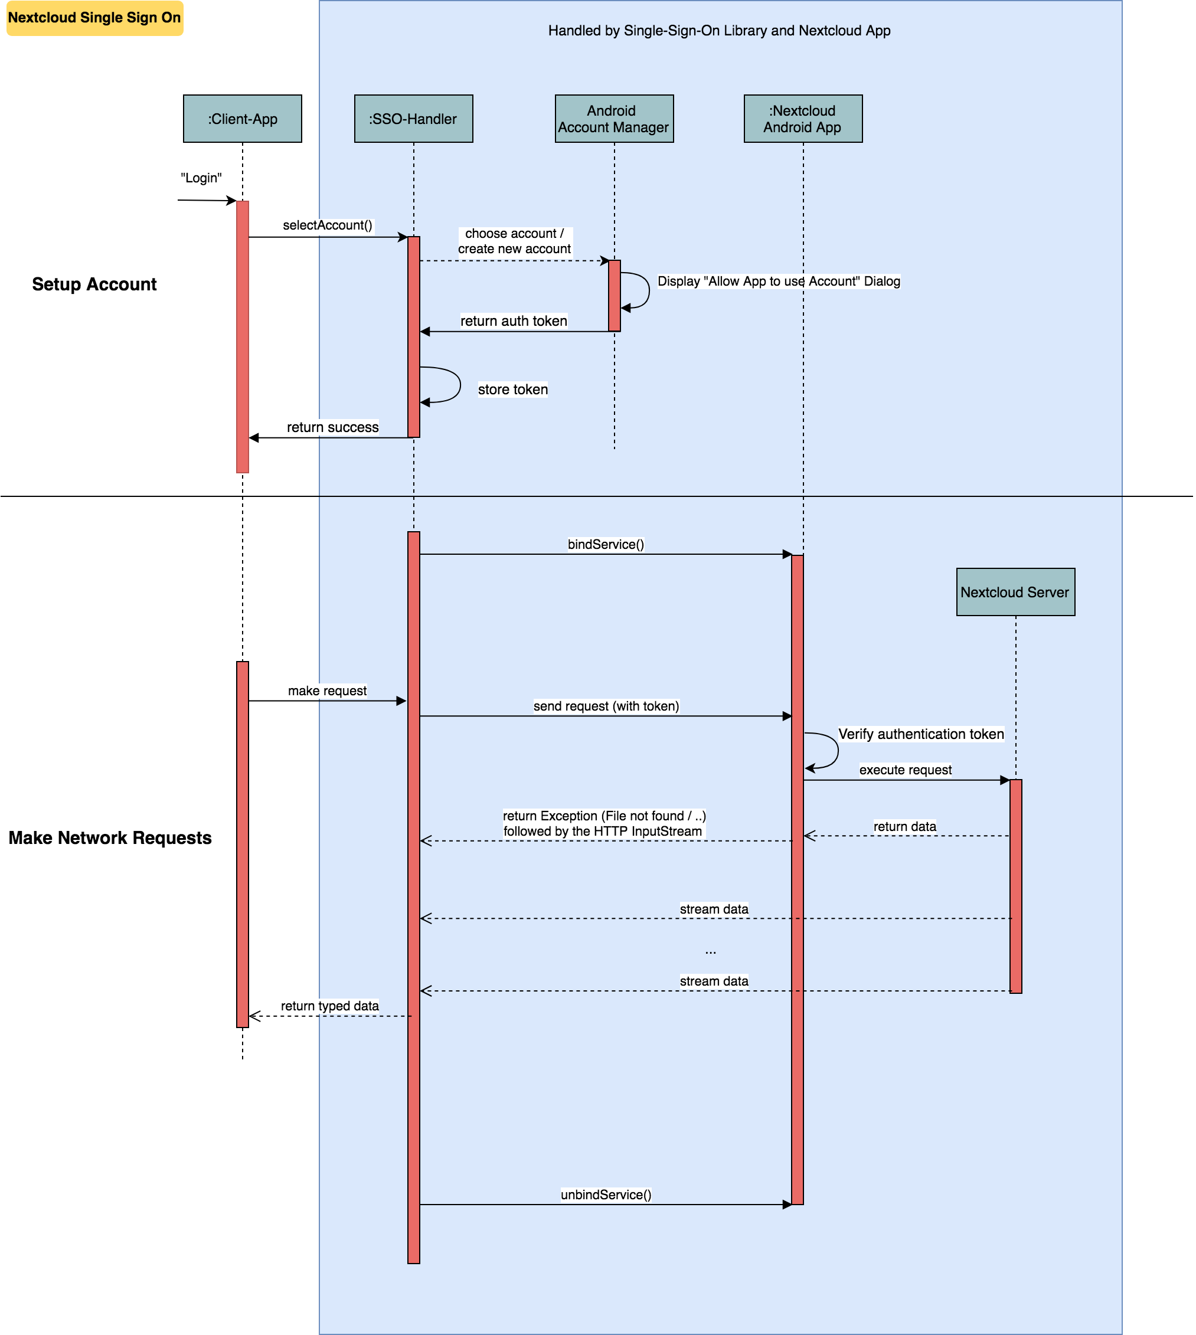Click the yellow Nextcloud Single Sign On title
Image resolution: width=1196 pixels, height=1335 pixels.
coord(94,18)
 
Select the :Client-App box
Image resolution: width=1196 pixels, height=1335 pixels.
coord(243,119)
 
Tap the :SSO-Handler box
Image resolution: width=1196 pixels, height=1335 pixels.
coord(413,119)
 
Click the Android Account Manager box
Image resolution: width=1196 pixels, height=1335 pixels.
coord(614,119)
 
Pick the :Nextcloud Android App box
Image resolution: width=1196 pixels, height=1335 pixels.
coord(802,119)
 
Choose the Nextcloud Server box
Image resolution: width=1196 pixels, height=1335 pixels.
coord(1015,592)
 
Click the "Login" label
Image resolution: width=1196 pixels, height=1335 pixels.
coord(201,179)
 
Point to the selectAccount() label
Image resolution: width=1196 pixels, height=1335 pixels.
coord(327,225)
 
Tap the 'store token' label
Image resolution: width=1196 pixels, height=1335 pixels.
coord(512,390)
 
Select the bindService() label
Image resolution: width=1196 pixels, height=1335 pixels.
coord(605,544)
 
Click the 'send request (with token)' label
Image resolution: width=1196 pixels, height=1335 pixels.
coord(605,706)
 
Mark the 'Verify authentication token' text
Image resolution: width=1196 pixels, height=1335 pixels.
coord(921,734)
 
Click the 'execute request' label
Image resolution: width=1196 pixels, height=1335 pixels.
coord(905,770)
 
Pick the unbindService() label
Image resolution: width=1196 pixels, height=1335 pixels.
coord(605,1195)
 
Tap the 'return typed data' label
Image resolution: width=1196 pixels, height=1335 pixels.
coord(329,1006)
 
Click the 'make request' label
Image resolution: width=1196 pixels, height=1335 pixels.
coord(327,691)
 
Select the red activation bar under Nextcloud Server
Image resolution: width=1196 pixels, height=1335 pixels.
coord(1015,887)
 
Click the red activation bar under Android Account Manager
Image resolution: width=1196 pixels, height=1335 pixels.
coord(615,296)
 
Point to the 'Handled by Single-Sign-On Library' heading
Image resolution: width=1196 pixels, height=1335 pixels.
coord(719,31)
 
